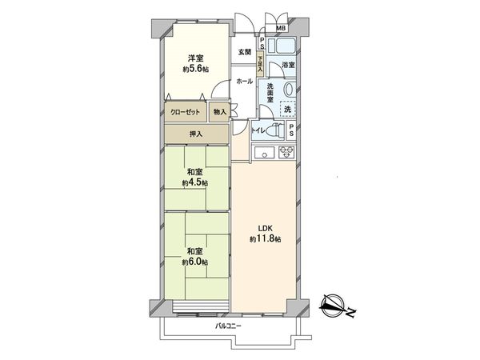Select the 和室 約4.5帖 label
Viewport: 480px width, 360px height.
(194, 177)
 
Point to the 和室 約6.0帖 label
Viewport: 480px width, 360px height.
(194, 256)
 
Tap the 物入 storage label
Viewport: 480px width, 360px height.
(221, 112)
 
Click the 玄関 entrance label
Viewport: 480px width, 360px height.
(244, 52)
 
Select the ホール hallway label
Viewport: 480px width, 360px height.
(245, 82)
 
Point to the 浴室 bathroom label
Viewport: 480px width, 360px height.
(288, 64)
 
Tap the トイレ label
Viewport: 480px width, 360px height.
(258, 130)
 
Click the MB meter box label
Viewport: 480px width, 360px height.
(280, 30)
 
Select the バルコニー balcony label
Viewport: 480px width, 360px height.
(228, 326)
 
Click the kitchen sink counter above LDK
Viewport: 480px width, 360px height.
(272, 152)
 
